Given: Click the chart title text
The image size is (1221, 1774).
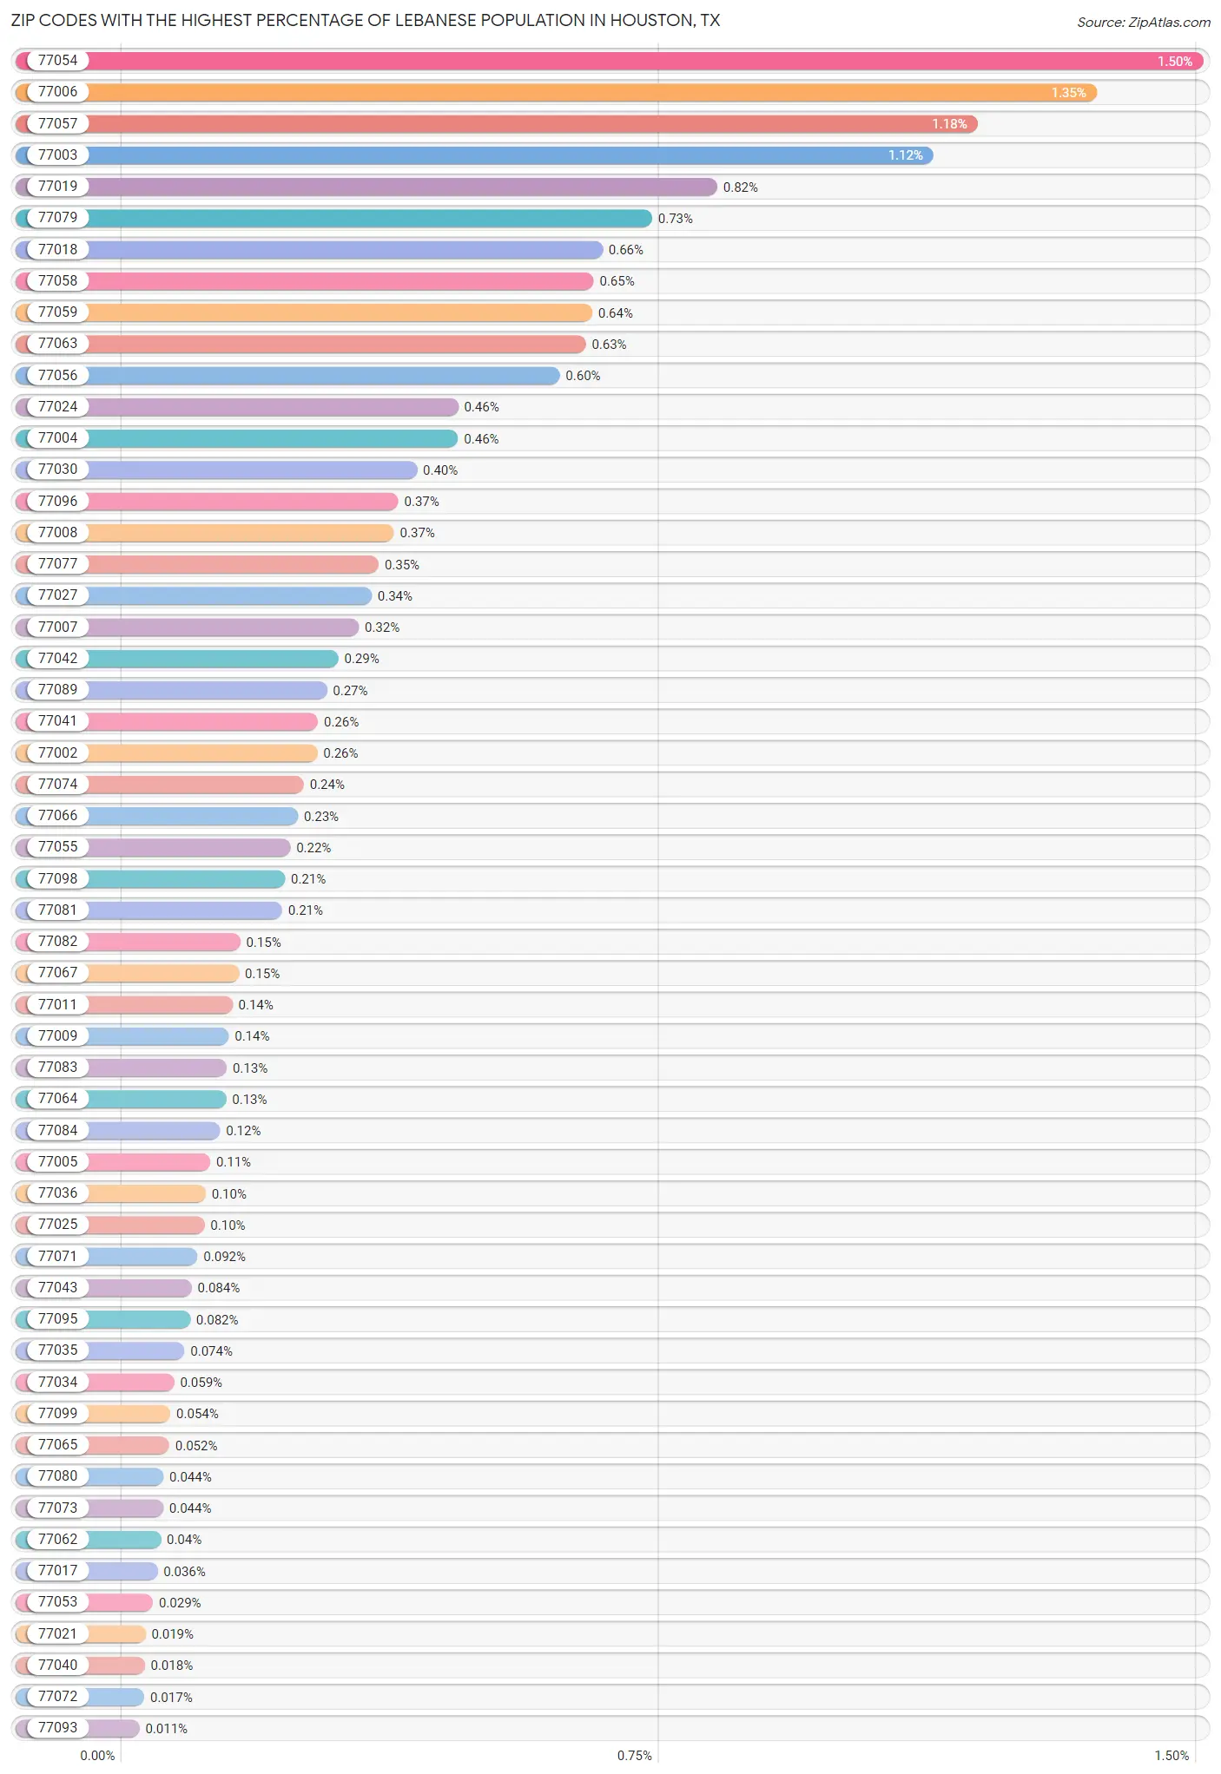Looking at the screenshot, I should (366, 20).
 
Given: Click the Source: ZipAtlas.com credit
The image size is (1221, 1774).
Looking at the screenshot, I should (1143, 22).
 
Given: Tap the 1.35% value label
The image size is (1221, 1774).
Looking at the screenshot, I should (1068, 93).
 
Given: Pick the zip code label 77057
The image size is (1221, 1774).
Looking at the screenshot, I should (57, 123).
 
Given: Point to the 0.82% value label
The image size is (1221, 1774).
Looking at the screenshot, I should (740, 187).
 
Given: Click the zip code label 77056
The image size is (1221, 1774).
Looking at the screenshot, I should (57, 375).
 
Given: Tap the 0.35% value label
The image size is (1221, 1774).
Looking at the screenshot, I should (401, 565).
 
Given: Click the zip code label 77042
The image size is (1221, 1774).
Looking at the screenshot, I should (57, 658).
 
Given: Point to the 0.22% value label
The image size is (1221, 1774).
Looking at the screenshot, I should (313, 848).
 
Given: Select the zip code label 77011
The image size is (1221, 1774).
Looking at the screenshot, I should (57, 1004).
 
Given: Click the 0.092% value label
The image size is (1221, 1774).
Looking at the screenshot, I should (224, 1257).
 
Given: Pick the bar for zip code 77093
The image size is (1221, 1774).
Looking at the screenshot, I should (113, 1728).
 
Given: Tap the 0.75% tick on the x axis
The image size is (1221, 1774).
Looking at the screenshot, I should (634, 1755).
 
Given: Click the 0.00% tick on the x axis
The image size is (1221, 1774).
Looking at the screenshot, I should (97, 1755).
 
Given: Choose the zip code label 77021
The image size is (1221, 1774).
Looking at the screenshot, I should (57, 1633).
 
